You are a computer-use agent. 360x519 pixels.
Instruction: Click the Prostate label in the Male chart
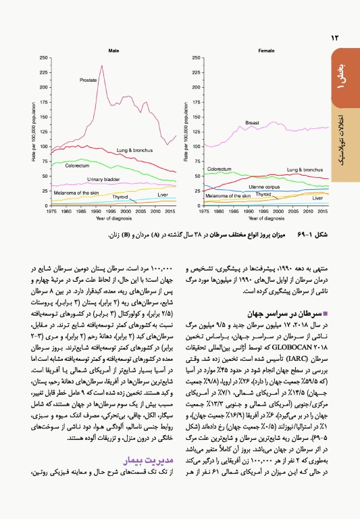pyautogui.click(x=88, y=80)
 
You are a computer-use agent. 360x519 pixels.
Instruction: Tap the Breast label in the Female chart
pyautogui.click(x=252, y=123)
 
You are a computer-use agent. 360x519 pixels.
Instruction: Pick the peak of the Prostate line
pyautogui.click(x=101, y=66)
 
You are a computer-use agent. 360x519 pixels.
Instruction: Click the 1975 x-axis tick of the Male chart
pyautogui.click(x=51, y=211)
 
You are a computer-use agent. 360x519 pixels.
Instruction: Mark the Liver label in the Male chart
pyautogui.click(x=163, y=195)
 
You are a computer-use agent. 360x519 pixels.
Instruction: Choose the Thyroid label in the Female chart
pyautogui.click(x=263, y=193)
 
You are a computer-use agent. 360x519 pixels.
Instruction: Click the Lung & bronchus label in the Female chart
pyautogui.click(x=303, y=170)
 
